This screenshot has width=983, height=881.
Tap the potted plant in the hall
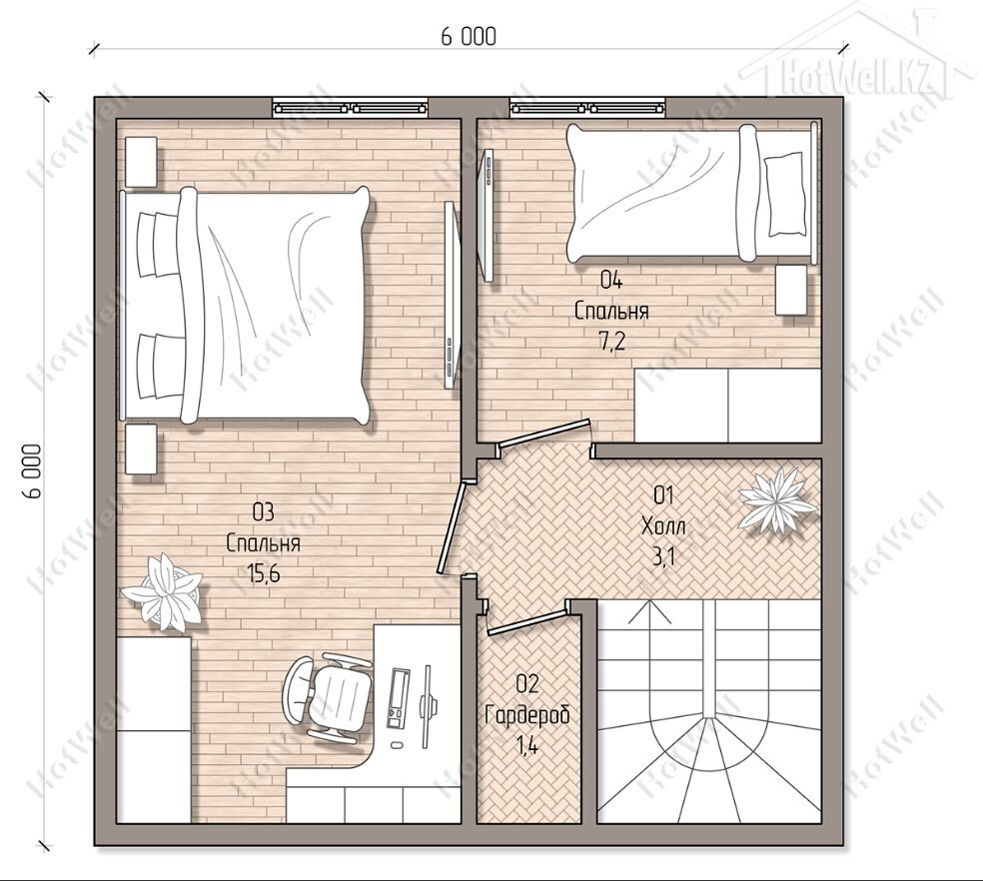point(778,501)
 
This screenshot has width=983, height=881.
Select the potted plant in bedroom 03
point(163,592)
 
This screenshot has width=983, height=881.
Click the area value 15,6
point(264,573)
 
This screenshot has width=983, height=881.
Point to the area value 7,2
point(611,343)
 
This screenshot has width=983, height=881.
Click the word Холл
point(663,526)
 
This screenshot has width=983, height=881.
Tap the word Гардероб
point(527,715)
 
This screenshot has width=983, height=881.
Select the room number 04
point(611,280)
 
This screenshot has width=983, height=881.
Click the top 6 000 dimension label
point(469,36)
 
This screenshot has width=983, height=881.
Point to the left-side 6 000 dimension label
point(32,470)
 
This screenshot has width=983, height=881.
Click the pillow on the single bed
point(783,195)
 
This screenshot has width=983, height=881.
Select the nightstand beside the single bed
point(791,290)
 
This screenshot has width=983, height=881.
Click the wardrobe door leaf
point(527,623)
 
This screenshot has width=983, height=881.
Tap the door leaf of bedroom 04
point(543,433)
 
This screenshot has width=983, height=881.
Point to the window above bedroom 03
point(351,108)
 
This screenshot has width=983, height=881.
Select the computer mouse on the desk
point(397,745)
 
